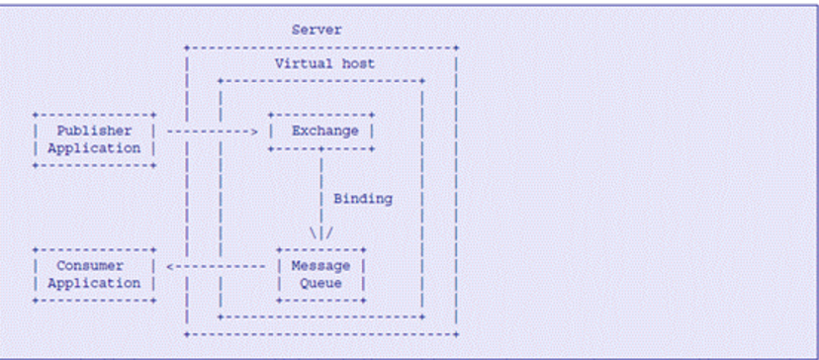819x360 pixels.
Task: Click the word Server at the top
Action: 317,30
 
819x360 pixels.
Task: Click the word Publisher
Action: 94,131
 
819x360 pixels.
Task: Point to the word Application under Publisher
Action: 94,148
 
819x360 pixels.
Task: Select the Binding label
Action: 362,199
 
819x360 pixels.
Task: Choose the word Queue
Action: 321,284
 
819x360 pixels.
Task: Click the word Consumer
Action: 90,266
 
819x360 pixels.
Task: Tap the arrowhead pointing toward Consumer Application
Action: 171,266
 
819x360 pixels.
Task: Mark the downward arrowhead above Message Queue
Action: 321,233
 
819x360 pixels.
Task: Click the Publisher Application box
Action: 94,139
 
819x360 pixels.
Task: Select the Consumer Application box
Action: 94,275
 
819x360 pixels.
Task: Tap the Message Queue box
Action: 321,275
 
